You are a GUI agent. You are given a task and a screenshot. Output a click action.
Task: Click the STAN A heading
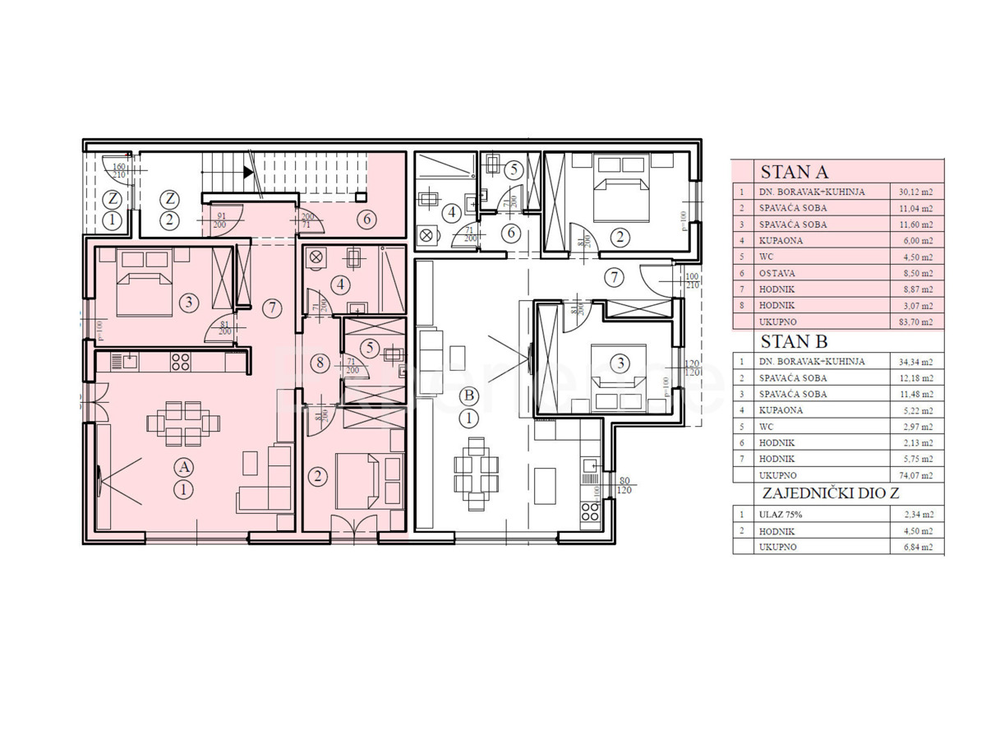[795, 173]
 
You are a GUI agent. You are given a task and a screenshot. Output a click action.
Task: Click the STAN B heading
[794, 342]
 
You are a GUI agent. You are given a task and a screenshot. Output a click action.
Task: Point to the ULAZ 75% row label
[781, 514]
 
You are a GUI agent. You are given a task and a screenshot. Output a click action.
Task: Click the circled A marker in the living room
[185, 466]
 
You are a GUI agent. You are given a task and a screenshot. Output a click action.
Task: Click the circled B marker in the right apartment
[469, 395]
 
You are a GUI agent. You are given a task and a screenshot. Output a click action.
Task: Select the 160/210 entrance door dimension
[120, 170]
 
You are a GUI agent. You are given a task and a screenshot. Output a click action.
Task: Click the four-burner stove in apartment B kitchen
[590, 511]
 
